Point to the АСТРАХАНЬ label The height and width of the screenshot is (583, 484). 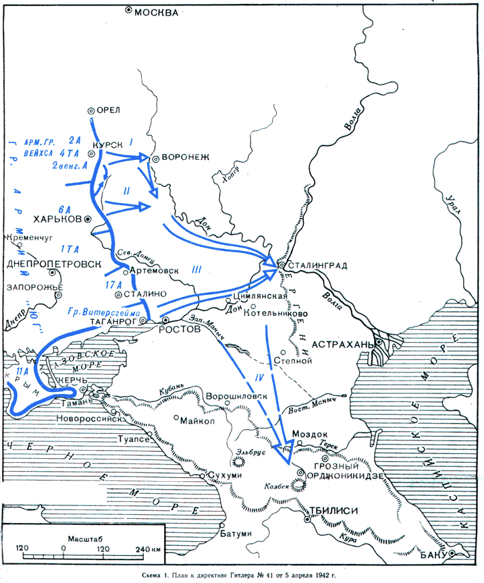pos(342,344)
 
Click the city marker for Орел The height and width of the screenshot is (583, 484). pos(91,111)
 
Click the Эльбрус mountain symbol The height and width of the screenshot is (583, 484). pos(238,462)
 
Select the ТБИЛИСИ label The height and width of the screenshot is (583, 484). pos(335,511)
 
